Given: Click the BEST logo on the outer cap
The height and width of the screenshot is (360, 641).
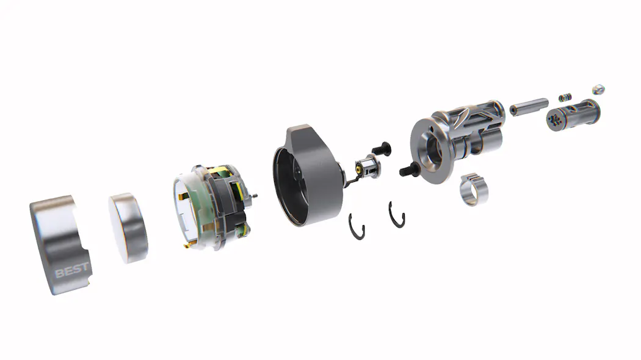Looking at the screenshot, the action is tap(71, 270).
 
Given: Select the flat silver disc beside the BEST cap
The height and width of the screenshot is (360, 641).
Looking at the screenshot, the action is tap(128, 228).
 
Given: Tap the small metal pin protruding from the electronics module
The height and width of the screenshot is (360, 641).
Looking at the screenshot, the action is tap(255, 196).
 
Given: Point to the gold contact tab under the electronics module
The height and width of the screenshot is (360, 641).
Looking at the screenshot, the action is tap(187, 245).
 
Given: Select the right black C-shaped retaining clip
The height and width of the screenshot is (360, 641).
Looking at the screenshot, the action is tap(397, 215).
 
